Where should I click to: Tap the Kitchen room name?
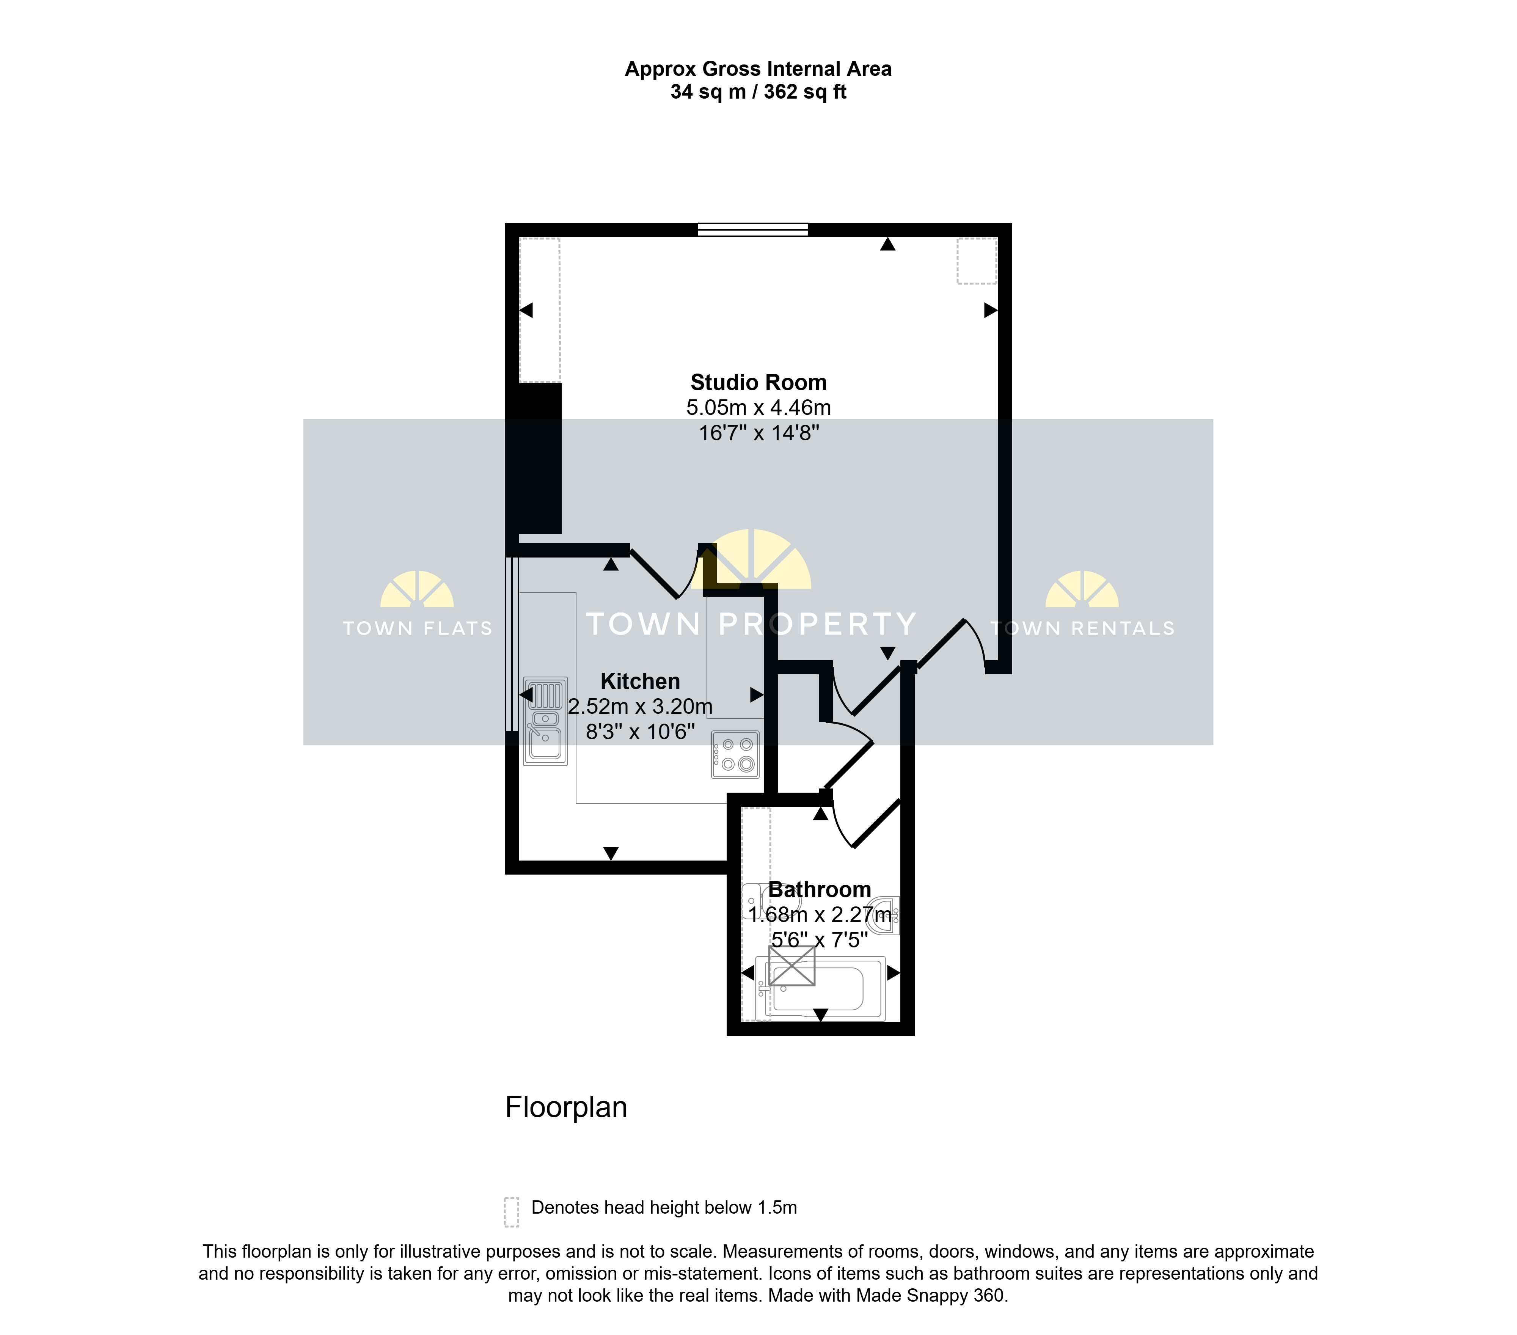[640, 681]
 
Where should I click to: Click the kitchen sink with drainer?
[545, 721]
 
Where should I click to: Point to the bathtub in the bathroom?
[820, 988]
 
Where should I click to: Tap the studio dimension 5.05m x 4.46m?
[758, 407]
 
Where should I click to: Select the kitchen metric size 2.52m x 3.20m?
[640, 707]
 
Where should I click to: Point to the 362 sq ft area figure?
[805, 92]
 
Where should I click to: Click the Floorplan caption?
[566, 1107]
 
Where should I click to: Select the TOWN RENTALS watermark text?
[1083, 628]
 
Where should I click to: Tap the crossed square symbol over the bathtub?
[792, 966]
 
